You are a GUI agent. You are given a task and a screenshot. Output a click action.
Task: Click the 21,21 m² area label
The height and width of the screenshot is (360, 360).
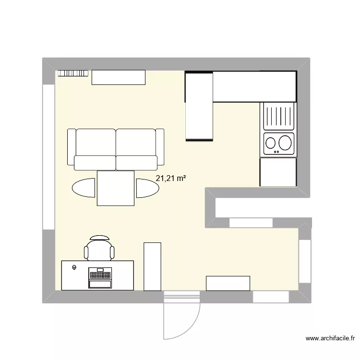170,179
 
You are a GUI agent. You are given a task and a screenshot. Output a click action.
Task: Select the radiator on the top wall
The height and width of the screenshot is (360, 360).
73,73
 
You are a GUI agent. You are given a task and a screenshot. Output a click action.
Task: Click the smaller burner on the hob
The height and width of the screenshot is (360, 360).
271,143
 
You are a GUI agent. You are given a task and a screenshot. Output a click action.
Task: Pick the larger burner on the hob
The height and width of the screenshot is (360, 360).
285,142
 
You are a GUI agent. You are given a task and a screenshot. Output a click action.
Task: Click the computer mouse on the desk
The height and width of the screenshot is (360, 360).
74,267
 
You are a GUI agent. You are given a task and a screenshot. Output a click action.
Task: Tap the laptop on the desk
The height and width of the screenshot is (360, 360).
100,278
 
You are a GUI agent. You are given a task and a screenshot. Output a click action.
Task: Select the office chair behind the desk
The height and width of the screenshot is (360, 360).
99,249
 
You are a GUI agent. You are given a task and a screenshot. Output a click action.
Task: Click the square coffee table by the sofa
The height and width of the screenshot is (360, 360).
116,188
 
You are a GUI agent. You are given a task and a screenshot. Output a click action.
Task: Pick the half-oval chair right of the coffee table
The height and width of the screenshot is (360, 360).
146,187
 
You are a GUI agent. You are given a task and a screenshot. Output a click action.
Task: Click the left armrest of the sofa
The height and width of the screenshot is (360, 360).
71,149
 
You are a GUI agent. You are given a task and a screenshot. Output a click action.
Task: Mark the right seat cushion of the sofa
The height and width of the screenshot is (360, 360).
136,142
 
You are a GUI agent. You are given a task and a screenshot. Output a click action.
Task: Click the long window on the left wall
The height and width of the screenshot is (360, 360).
48,157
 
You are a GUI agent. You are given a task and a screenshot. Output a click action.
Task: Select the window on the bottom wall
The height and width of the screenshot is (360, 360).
271,298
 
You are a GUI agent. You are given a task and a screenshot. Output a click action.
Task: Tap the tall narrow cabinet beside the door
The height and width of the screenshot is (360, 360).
152,266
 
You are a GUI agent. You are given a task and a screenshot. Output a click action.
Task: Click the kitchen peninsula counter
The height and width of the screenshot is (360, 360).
199,106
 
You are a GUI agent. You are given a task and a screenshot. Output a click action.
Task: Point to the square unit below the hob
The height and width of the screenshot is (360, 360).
278,172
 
